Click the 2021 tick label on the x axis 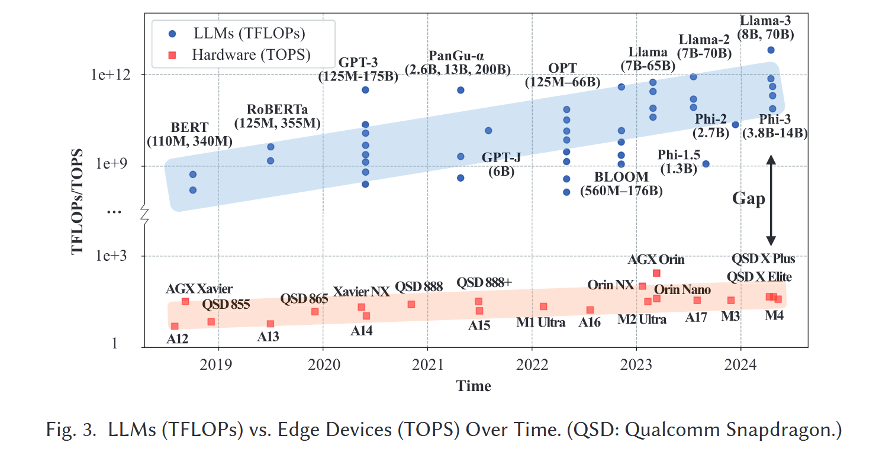428,363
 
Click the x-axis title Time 474,386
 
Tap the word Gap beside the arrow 748,199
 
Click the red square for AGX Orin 656,273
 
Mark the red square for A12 175,326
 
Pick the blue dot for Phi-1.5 706,164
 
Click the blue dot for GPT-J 488,130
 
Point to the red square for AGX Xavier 185,301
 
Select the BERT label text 189,127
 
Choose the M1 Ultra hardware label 540,322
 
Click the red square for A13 271,324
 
